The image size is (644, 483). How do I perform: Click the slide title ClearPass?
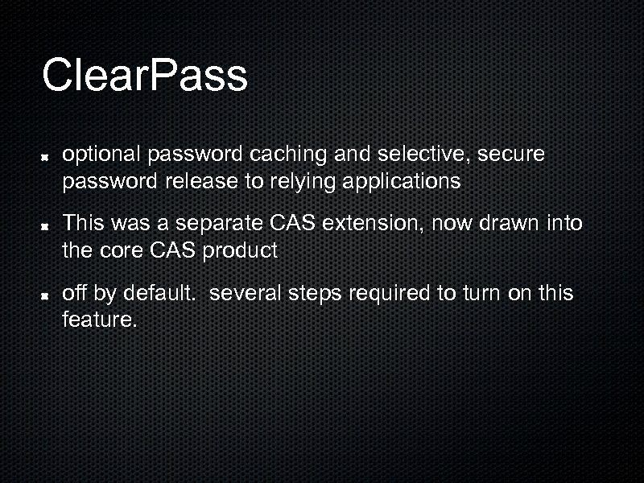pos(144,75)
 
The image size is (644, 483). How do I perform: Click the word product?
pos(239,250)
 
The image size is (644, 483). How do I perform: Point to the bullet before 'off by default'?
pos(48,295)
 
